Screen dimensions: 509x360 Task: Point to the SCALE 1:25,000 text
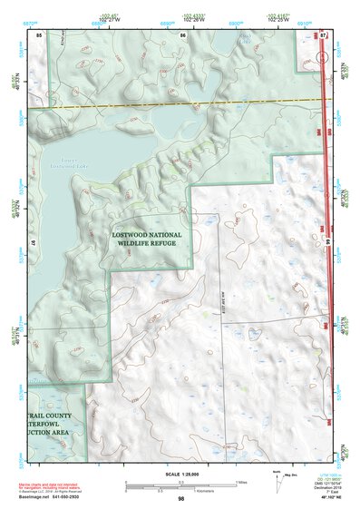click(180, 471)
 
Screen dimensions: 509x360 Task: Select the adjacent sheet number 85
click(39, 34)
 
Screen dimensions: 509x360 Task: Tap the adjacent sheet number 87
click(324, 34)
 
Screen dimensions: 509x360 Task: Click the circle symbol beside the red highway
click(324, 58)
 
